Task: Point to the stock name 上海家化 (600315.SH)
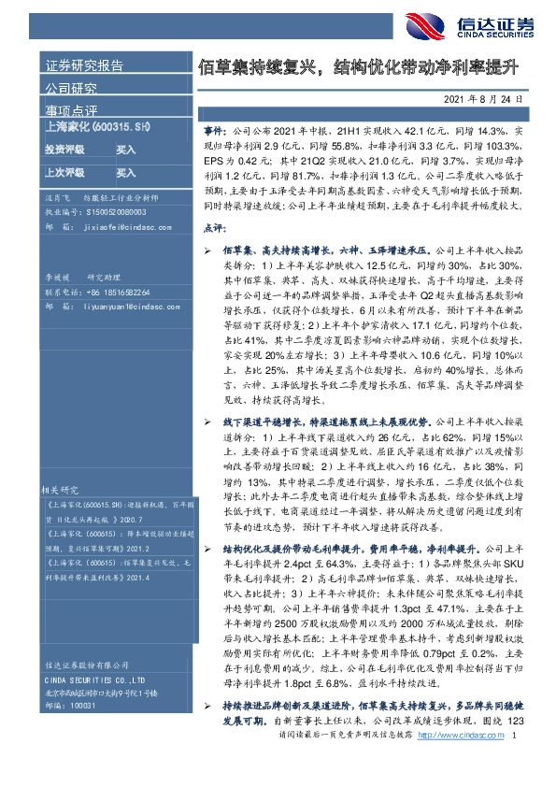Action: (96, 126)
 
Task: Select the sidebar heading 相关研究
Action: (63, 489)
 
